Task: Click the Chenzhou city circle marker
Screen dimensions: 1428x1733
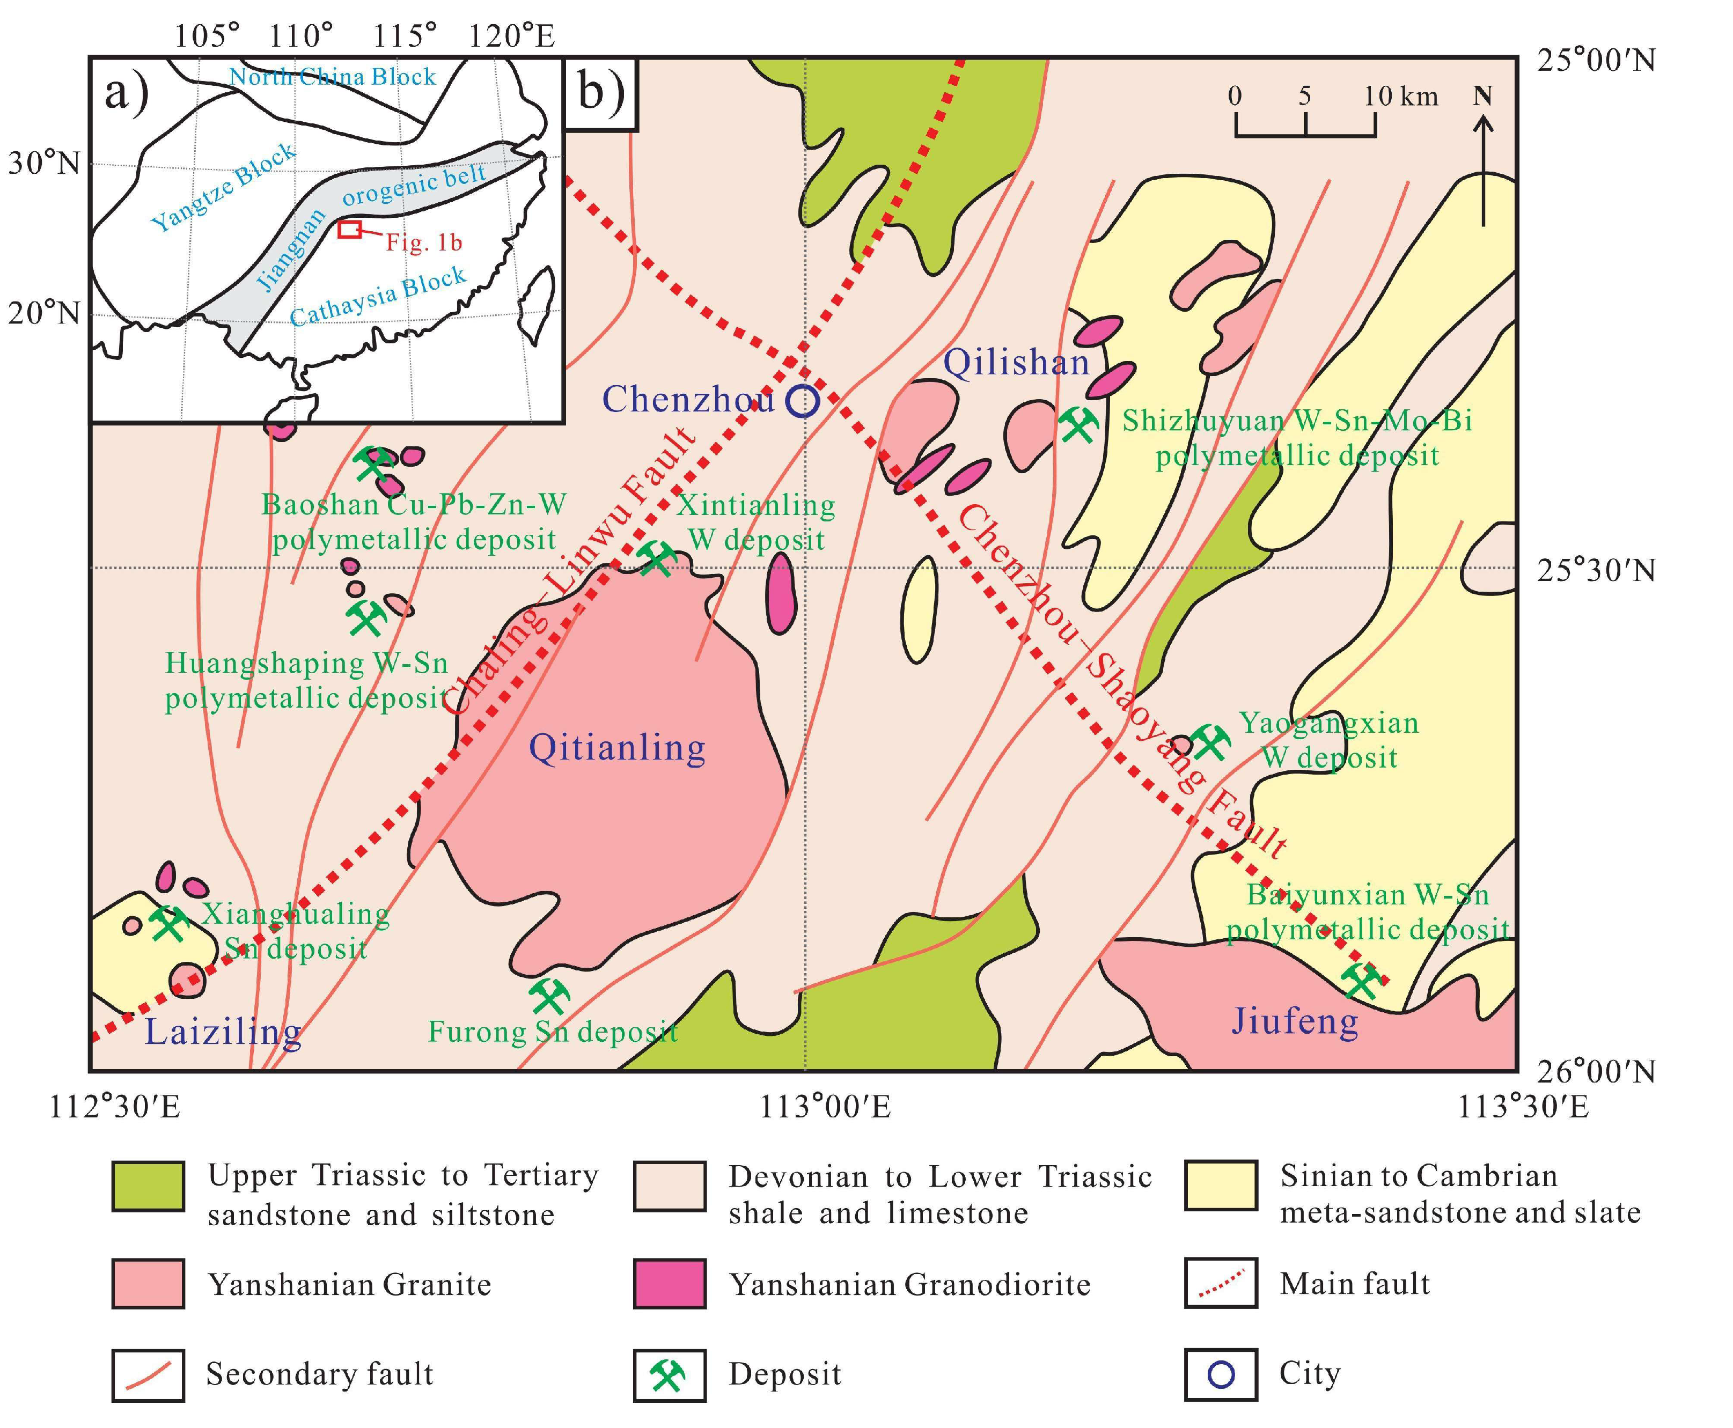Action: pyautogui.click(x=802, y=401)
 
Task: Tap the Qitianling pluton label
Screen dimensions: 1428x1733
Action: pyautogui.click(x=617, y=748)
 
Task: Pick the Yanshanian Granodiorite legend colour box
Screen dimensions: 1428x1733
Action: pyautogui.click(x=669, y=1283)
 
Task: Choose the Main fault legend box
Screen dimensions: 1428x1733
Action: pyautogui.click(x=1221, y=1283)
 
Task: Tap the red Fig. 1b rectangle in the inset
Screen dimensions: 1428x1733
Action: pyautogui.click(x=350, y=230)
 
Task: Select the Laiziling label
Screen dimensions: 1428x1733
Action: pyautogui.click(x=223, y=1032)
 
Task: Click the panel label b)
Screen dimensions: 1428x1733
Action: pyautogui.click(x=601, y=93)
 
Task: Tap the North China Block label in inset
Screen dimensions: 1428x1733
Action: pyautogui.click(x=332, y=77)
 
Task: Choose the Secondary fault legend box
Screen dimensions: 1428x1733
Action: pyautogui.click(x=148, y=1374)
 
